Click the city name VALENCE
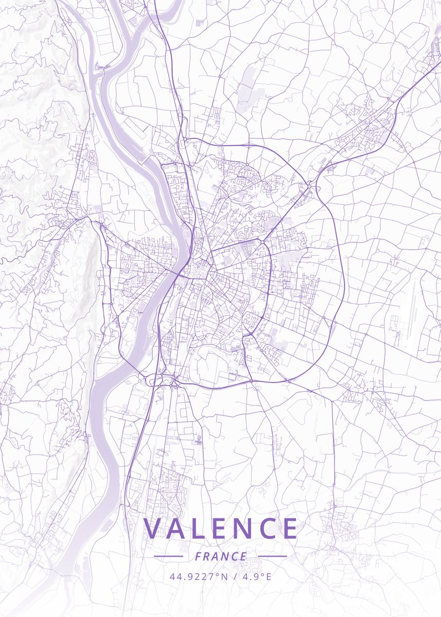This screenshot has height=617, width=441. pyautogui.click(x=221, y=528)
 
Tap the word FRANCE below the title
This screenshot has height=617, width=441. pyautogui.click(x=221, y=556)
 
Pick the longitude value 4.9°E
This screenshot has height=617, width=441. pyautogui.click(x=256, y=576)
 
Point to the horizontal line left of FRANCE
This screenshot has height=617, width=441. pyautogui.click(x=168, y=556)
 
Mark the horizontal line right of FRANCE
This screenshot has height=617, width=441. pyautogui.click(x=272, y=556)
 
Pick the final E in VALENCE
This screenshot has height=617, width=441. pyautogui.click(x=290, y=528)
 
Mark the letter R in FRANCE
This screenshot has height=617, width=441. pyautogui.click(x=207, y=556)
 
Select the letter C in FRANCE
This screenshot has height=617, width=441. pyautogui.click(x=235, y=556)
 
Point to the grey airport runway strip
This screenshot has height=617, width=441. pyautogui.click(x=411, y=308)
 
